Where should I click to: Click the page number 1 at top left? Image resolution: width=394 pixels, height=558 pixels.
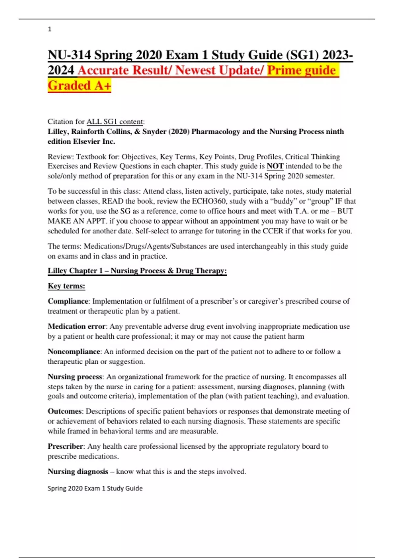click(x=50, y=29)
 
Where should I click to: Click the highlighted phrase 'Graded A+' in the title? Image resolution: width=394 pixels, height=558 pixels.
click(x=79, y=86)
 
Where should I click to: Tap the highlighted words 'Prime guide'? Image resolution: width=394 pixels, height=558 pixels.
click(x=301, y=70)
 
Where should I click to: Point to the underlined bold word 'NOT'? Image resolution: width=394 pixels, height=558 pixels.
click(x=275, y=166)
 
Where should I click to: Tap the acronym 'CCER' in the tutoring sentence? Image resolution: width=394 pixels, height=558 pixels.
click(x=273, y=231)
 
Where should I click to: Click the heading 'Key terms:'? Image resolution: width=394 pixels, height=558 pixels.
click(x=66, y=286)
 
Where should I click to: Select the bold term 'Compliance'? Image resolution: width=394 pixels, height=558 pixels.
click(x=68, y=301)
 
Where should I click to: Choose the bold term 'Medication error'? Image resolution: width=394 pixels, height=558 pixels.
click(x=77, y=327)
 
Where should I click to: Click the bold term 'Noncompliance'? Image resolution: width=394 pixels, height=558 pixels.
click(x=74, y=352)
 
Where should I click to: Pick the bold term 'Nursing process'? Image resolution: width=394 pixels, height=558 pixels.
click(x=75, y=377)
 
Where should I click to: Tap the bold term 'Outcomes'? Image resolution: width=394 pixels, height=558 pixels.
click(x=65, y=411)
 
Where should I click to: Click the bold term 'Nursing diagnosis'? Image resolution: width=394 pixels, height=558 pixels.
click(x=78, y=472)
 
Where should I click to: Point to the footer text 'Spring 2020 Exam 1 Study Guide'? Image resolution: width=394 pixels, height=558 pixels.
click(x=95, y=488)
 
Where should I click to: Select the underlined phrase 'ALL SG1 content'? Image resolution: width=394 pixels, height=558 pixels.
click(x=115, y=122)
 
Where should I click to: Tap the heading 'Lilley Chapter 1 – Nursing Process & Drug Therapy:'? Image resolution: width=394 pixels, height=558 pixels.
click(x=137, y=271)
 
